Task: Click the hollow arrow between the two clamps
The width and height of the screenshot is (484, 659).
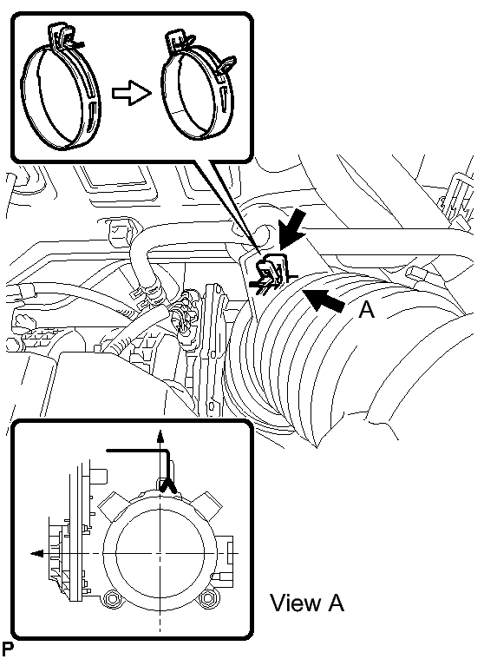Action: (x=131, y=92)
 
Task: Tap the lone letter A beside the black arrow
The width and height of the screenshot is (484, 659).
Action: (x=366, y=311)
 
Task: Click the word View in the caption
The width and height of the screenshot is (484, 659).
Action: (x=295, y=603)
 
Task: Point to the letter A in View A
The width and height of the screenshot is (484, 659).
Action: (x=336, y=603)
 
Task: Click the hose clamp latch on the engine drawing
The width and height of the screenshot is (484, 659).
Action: (x=270, y=273)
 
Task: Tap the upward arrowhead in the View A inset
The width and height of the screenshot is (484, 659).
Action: (x=160, y=437)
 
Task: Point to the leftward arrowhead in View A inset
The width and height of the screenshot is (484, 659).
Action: (x=37, y=554)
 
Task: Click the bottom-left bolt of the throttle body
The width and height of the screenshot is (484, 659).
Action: (x=113, y=598)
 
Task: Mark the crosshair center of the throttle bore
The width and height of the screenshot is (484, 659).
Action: (x=160, y=554)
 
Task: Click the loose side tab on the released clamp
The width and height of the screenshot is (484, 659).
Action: (x=227, y=65)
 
